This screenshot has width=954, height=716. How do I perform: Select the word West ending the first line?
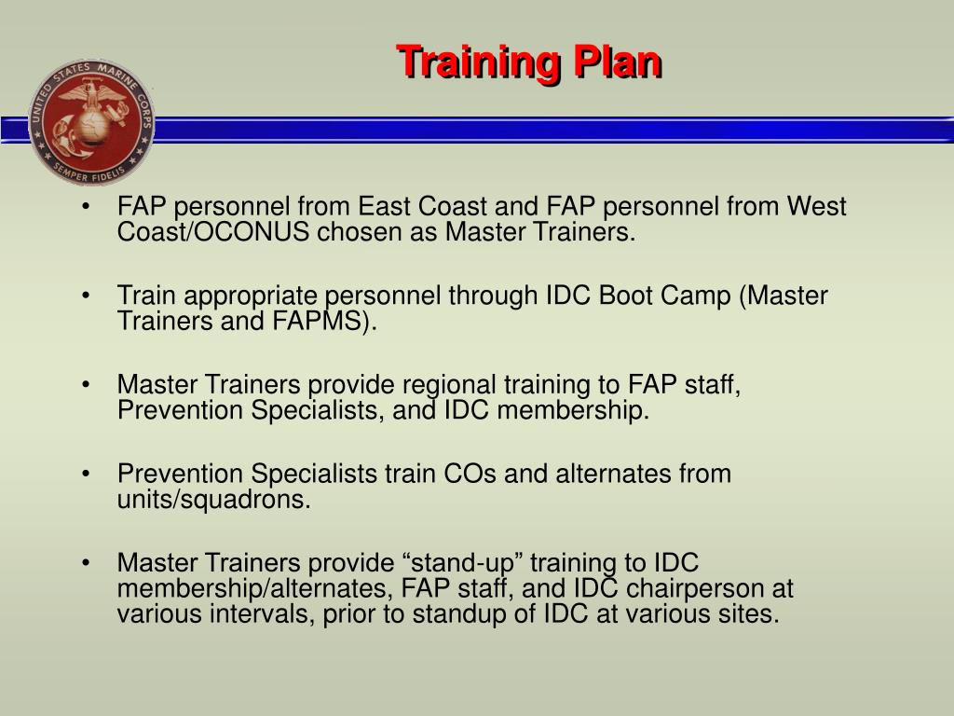tap(816, 206)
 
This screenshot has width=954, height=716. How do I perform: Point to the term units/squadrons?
tap(213, 500)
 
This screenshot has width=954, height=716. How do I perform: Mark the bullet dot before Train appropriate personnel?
tap(86, 296)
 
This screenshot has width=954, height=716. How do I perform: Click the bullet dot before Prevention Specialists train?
tap(86, 475)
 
